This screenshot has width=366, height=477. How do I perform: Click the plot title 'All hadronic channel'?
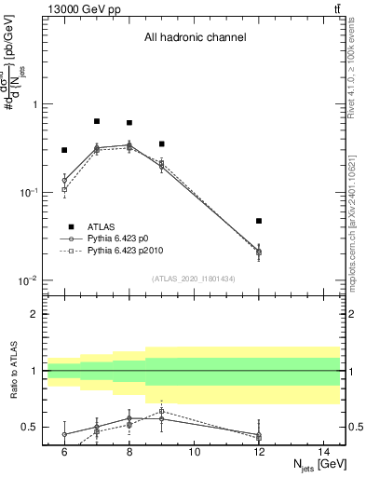(x=195, y=38)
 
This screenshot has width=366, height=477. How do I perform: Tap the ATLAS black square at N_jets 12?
(x=259, y=221)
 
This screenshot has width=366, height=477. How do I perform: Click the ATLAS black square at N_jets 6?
(x=64, y=150)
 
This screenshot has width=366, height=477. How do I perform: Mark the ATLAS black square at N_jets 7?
(x=97, y=121)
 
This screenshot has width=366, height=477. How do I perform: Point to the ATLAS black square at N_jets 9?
(x=161, y=143)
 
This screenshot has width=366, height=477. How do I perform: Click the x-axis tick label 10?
(x=194, y=452)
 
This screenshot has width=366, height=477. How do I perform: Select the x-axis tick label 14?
(x=323, y=452)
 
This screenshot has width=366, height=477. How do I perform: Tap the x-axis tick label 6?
(x=64, y=452)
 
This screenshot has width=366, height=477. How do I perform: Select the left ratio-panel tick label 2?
(x=34, y=314)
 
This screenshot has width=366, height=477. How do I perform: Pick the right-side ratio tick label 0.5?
(x=355, y=428)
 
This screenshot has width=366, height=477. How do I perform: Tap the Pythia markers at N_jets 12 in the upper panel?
(x=259, y=252)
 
